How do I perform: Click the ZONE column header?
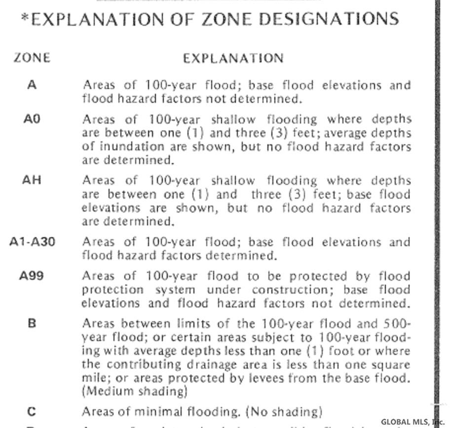32,58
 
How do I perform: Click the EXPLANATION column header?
233,58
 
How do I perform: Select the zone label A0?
32,120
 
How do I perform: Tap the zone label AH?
32,180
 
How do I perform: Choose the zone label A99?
32,276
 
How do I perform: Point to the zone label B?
32,324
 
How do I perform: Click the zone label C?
32,411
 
